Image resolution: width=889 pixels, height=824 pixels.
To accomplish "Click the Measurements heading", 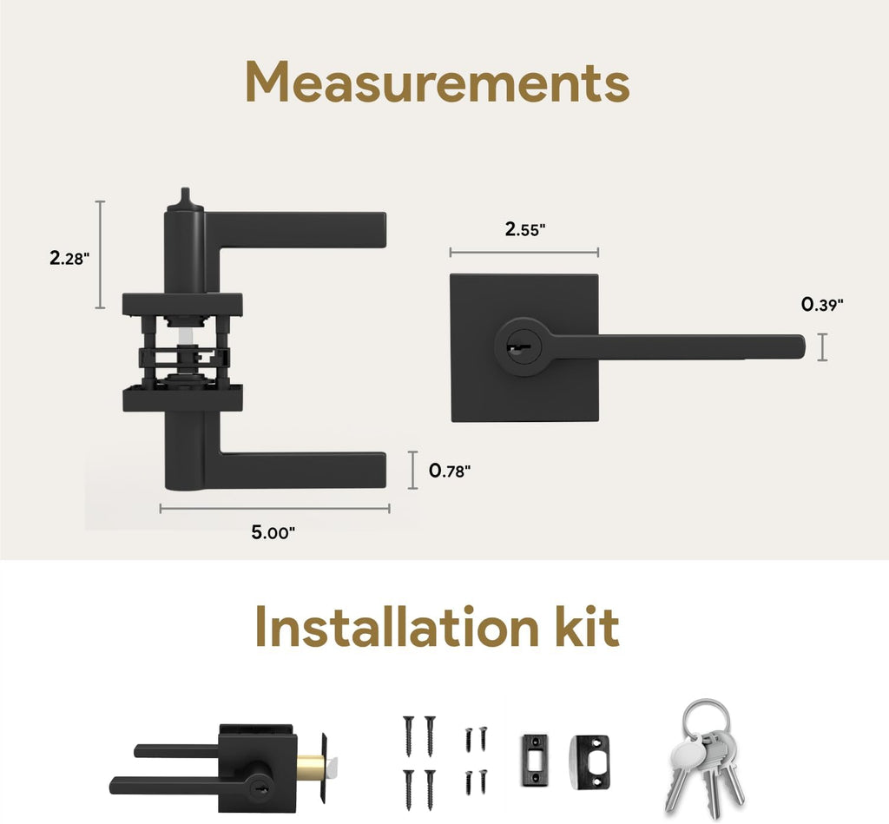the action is coord(438,82).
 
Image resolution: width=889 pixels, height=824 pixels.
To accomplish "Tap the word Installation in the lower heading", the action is coord(396,627).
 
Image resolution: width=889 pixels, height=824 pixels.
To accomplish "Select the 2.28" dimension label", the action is coord(69,258).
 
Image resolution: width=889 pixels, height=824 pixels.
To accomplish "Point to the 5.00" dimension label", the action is coord(273,532).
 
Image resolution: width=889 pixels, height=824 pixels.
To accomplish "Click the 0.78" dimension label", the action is coord(450,471).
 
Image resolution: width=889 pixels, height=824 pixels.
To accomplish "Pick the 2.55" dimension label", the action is coord(525,229).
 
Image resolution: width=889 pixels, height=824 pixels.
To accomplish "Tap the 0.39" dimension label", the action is coord(822,305).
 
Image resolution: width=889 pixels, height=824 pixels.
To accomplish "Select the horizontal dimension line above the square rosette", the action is coord(524,253).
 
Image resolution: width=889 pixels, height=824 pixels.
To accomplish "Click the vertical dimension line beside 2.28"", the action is coord(101,254).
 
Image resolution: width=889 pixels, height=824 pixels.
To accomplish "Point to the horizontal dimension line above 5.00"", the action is coord(274,509).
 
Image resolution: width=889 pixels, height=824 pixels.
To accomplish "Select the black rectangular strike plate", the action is coord(535,760).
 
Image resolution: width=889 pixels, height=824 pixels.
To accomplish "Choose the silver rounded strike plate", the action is coord(589,761).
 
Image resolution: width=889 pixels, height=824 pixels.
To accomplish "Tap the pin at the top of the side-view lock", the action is coord(184,198).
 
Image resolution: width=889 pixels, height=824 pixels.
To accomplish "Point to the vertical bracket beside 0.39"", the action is coord(822,347).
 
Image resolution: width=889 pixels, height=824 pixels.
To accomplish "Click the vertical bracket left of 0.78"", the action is coord(412,470).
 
